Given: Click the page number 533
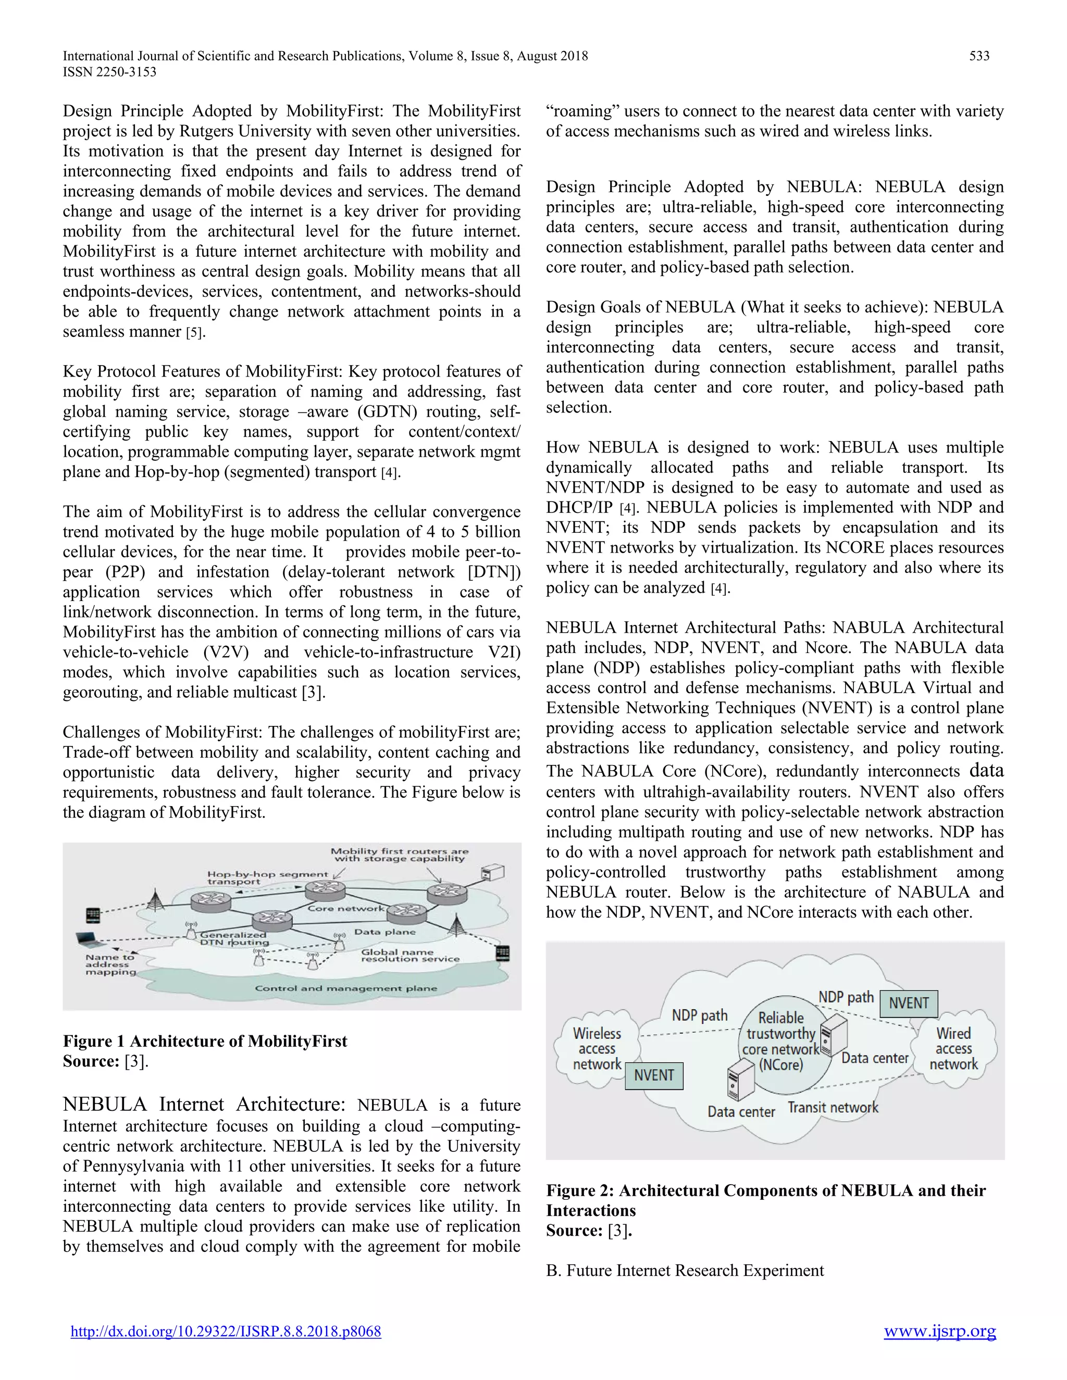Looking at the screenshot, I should (979, 56).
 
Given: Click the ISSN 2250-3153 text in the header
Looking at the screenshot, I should (109, 72).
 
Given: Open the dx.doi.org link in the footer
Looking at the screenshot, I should (226, 1332).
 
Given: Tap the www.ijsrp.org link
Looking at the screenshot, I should (939, 1332).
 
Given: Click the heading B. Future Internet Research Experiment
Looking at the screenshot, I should (685, 1271).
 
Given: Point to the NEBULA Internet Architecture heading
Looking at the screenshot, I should (204, 1105).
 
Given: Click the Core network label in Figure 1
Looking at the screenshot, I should (346, 909).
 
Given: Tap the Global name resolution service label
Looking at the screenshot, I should (410, 956).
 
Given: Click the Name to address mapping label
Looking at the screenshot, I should (110, 965).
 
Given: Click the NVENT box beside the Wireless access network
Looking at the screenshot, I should (654, 1075).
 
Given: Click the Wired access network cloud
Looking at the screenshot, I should (953, 1049).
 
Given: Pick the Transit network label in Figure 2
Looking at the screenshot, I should (833, 1108).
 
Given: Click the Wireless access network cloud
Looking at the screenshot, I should (597, 1049).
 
